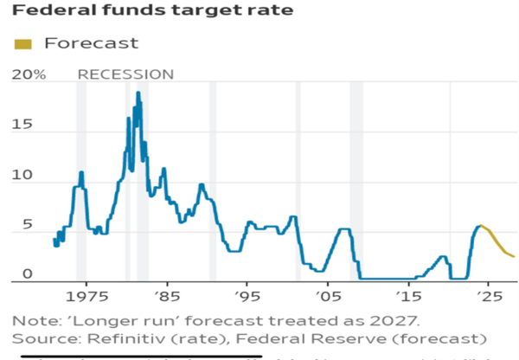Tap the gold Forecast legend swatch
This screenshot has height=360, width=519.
[22, 43]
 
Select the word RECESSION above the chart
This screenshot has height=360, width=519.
[125, 75]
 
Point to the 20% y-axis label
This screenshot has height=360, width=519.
[29, 75]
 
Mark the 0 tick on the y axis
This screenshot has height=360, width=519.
[27, 274]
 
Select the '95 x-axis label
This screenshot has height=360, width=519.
[247, 296]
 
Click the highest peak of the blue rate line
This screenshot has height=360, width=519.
[138, 92]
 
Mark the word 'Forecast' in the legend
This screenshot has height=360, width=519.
[91, 43]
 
